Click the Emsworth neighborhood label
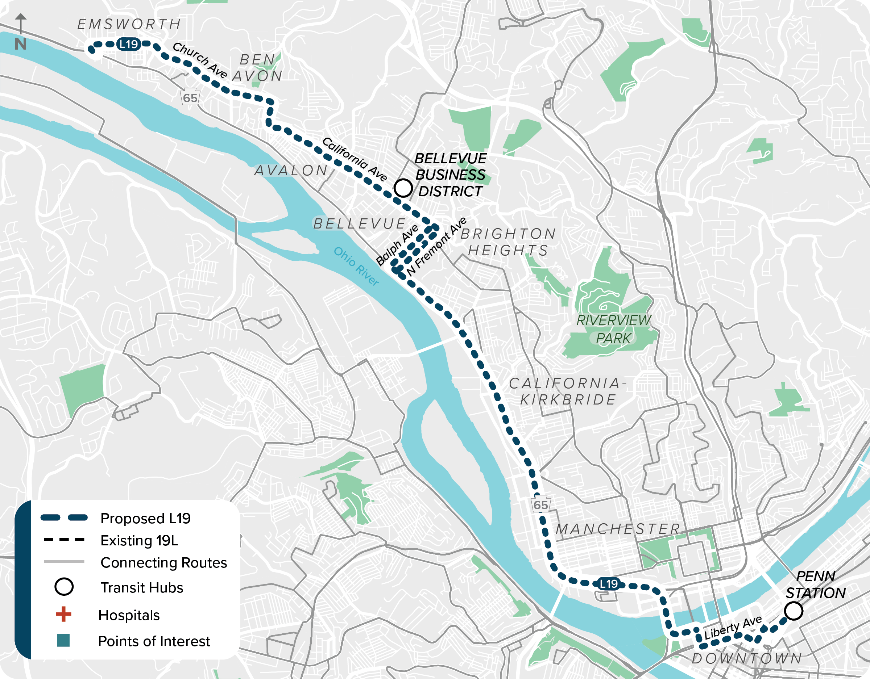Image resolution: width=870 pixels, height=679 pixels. pos(129,24)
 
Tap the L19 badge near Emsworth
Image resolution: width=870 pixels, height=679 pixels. pos(129,44)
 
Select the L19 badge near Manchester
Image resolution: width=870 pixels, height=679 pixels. pos(609,584)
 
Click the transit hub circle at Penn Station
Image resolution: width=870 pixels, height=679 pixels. pos(793,611)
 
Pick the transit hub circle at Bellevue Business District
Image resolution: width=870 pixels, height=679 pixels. pos(403,188)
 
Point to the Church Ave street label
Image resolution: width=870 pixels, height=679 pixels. pos(200,60)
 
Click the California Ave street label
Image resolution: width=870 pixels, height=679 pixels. pos(354,159)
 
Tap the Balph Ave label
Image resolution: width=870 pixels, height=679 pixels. pos(397,244)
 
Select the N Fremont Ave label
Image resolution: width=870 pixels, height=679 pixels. pos(436,247)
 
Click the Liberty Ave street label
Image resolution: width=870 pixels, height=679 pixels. pos(733,628)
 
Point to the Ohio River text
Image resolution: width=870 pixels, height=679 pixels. pos(356,266)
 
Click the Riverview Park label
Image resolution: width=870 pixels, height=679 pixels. pos(613,329)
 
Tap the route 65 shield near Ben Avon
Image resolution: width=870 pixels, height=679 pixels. pos(190,97)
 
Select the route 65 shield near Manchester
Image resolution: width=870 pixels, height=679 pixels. pos(541,505)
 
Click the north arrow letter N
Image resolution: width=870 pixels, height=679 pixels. pos(21,44)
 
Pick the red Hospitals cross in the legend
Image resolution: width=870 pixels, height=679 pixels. pos(64,614)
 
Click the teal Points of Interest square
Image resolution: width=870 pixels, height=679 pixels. pos(63,640)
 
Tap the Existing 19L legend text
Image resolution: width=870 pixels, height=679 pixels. pos(140,541)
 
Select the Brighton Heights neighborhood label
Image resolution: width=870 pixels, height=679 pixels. pos(508,242)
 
